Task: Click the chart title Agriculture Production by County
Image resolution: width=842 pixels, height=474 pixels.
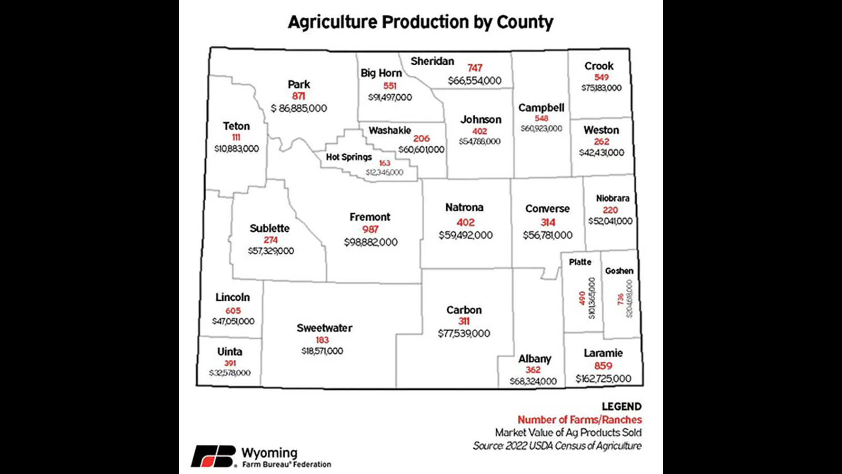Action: (x=420, y=22)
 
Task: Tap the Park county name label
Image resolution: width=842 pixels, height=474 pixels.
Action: (x=299, y=84)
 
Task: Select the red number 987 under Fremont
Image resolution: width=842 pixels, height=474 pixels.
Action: (x=370, y=229)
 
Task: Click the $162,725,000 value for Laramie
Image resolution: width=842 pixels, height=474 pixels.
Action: (x=603, y=379)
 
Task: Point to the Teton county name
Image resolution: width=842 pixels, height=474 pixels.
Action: (x=236, y=126)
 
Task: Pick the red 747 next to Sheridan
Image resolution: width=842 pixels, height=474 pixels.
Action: (x=475, y=68)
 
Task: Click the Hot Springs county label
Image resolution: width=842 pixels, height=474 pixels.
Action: (x=348, y=157)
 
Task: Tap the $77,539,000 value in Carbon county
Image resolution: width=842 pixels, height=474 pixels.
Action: (x=464, y=333)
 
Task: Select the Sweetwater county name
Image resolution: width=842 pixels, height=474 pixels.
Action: (x=324, y=328)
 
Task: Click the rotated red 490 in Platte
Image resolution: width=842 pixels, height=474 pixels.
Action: (x=582, y=298)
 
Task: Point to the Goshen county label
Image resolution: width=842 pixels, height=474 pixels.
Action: (x=619, y=271)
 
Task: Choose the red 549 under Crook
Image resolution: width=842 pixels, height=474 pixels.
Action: (x=602, y=77)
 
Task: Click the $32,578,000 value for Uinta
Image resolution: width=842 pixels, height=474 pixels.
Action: (x=230, y=373)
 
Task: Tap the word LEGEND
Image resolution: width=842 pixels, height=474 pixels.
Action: (x=622, y=407)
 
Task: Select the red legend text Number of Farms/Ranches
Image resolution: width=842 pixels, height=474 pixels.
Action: (x=579, y=420)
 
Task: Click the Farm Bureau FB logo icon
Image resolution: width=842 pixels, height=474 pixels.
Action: (x=213, y=456)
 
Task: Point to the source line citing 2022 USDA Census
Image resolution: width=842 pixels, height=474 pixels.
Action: (x=557, y=446)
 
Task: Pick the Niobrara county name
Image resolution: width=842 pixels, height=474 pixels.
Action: (x=613, y=199)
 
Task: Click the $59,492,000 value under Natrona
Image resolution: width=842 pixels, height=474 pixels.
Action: (x=466, y=235)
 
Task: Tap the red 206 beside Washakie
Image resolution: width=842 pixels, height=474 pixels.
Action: (x=422, y=139)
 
